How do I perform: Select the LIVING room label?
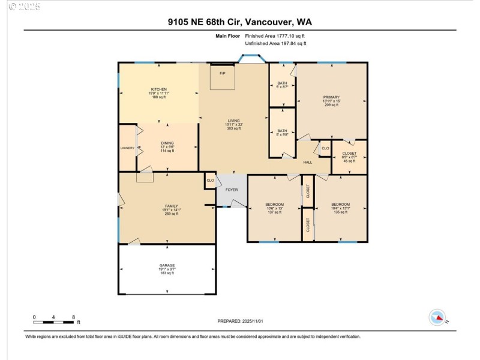[x=233, y=121]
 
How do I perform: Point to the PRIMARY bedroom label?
[x=331, y=97]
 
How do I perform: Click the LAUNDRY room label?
[x=127, y=148]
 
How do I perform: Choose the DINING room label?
[x=167, y=143]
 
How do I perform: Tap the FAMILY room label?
[x=172, y=206]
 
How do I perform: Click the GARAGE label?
[x=167, y=265]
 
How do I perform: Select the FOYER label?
[x=232, y=190]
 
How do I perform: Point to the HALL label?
[x=307, y=163]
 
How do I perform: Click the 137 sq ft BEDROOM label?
[x=274, y=205]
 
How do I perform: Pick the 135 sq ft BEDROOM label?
[x=340, y=205]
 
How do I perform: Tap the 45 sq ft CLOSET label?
[x=349, y=154]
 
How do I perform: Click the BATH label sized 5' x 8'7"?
[x=282, y=83]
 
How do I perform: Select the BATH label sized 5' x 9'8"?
[x=282, y=131]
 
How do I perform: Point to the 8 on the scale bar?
[x=73, y=317]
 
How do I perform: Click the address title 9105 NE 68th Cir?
[x=240, y=22]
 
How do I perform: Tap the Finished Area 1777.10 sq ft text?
[x=275, y=36]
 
